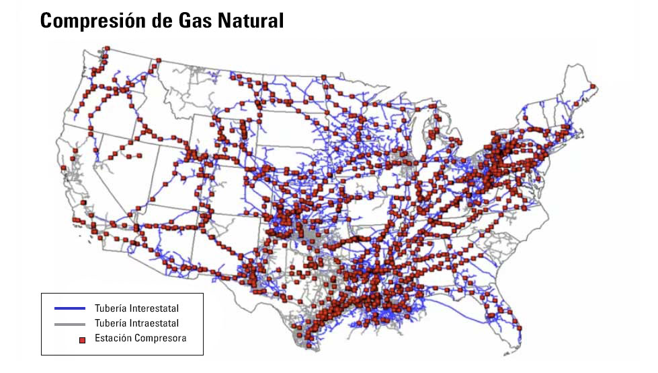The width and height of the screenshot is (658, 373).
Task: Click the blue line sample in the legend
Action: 70,308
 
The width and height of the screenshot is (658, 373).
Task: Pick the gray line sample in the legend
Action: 70,324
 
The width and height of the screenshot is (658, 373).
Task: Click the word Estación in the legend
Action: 114,338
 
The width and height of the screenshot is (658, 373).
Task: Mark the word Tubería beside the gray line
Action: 111,323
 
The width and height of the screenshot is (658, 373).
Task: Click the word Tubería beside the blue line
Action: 111,308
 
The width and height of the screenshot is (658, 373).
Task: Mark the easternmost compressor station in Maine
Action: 593,86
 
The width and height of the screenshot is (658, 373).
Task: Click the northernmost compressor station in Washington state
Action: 106,48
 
